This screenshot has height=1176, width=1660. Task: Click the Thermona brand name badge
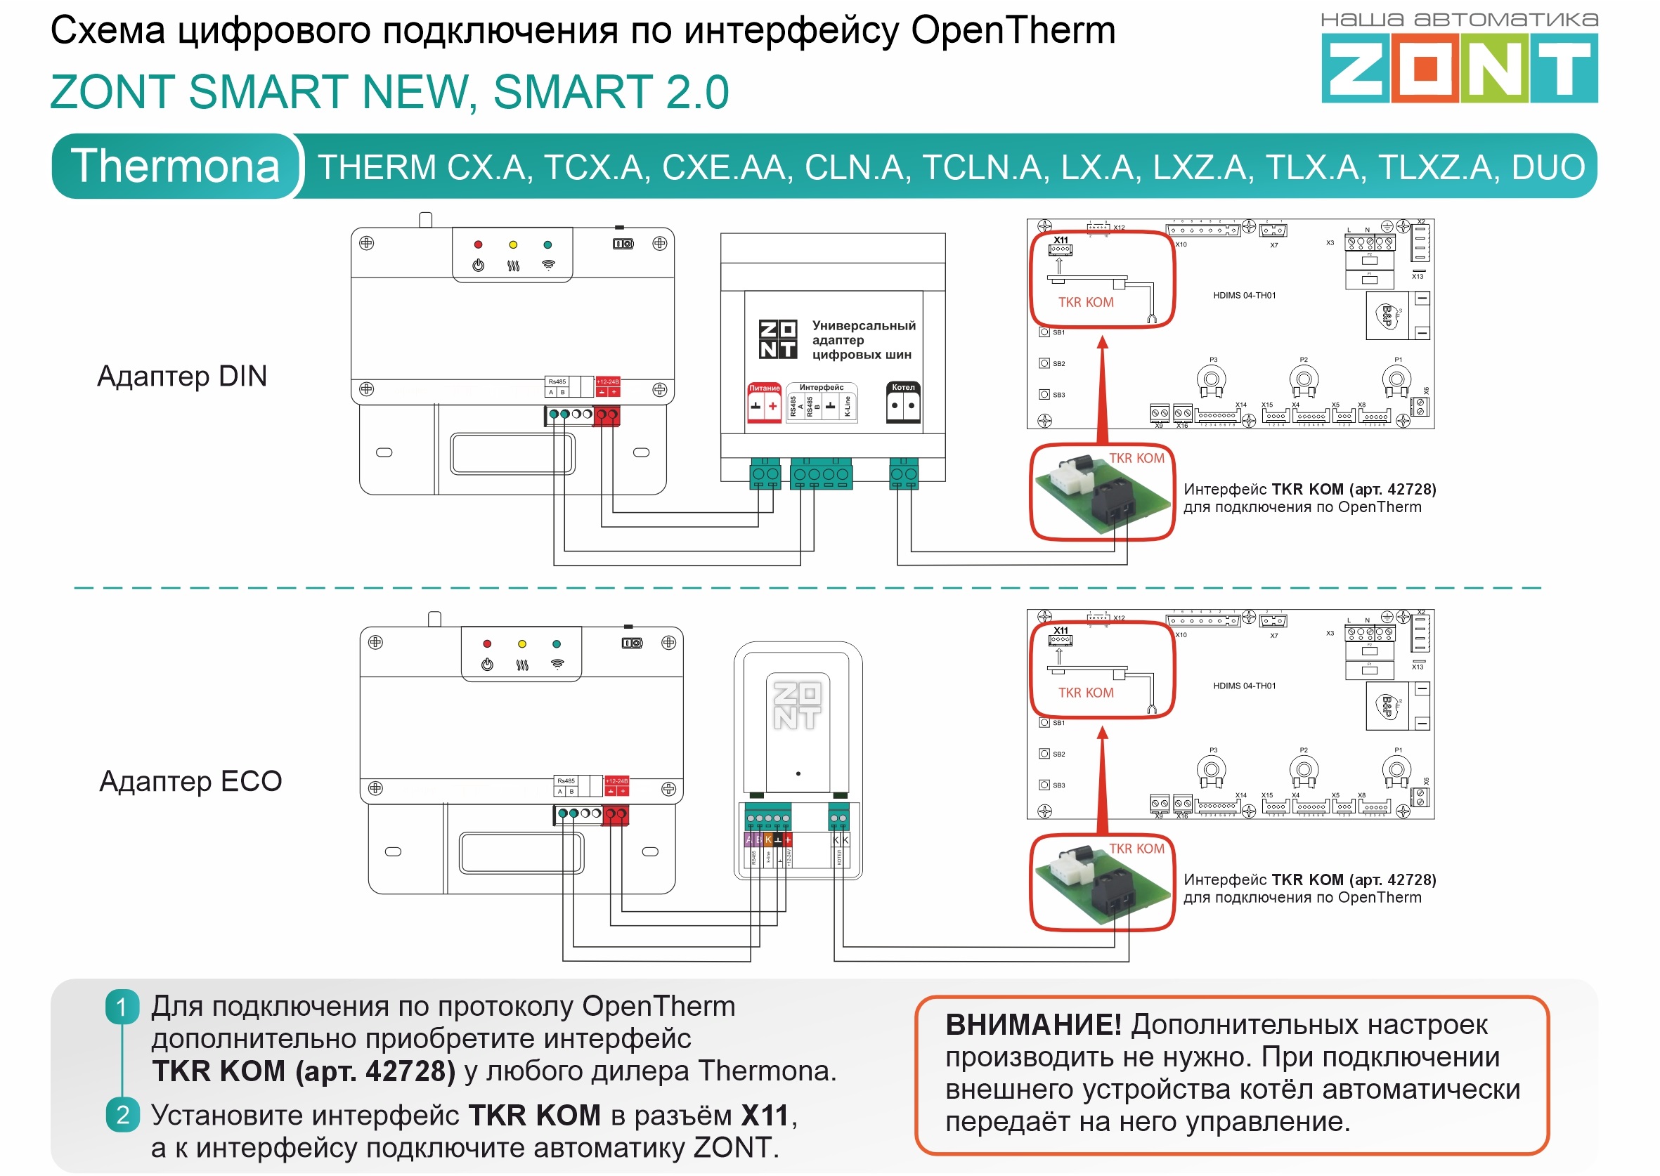click(x=175, y=166)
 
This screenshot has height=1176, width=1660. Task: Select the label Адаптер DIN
click(x=182, y=376)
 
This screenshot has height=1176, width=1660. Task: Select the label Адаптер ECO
click(x=190, y=780)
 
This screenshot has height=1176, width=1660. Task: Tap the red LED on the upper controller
click(x=478, y=244)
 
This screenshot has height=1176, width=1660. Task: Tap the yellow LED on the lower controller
click(x=521, y=643)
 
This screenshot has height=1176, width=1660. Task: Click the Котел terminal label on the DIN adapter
click(x=902, y=387)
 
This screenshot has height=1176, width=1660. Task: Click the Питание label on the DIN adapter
click(x=764, y=388)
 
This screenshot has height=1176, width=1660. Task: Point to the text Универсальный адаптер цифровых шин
click(x=862, y=339)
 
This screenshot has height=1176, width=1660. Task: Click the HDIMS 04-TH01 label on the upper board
click(x=1243, y=296)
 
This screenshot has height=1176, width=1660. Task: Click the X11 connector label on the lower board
click(x=1061, y=631)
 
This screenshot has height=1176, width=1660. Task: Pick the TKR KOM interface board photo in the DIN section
click(x=1101, y=493)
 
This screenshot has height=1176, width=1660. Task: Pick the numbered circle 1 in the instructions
click(x=122, y=1007)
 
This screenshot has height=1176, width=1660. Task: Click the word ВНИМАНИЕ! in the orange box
click(x=1033, y=1025)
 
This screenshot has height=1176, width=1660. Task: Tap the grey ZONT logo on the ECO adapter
click(x=797, y=705)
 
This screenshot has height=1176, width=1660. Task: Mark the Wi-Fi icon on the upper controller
click(x=548, y=265)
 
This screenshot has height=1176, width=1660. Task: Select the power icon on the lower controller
click(x=487, y=664)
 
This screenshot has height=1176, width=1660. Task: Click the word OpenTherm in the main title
click(x=1013, y=30)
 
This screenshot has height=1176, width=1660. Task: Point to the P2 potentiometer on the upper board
click(x=1303, y=379)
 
